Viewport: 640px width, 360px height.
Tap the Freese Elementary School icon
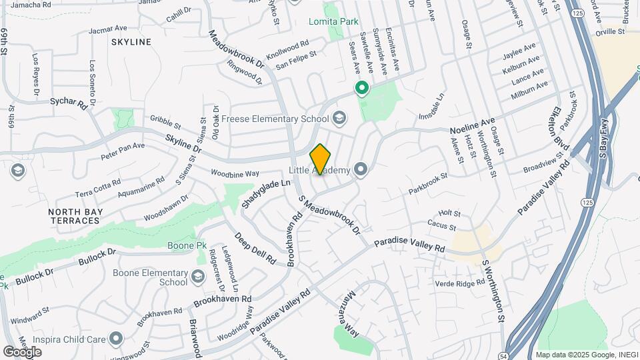[339, 119]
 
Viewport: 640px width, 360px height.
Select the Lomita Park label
[333, 21]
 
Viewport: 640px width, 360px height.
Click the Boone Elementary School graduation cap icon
[198, 276]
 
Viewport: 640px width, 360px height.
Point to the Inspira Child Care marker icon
[117, 339]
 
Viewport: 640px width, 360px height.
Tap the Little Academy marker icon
[361, 170]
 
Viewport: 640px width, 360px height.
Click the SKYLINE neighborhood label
[131, 42]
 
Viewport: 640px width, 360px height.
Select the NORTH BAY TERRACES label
[73, 216]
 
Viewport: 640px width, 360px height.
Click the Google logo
[23, 351]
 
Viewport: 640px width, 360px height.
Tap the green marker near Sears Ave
[362, 87]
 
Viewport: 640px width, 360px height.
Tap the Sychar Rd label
[69, 103]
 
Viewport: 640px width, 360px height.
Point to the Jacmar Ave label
[107, 29]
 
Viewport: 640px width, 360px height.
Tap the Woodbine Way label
[235, 173]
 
